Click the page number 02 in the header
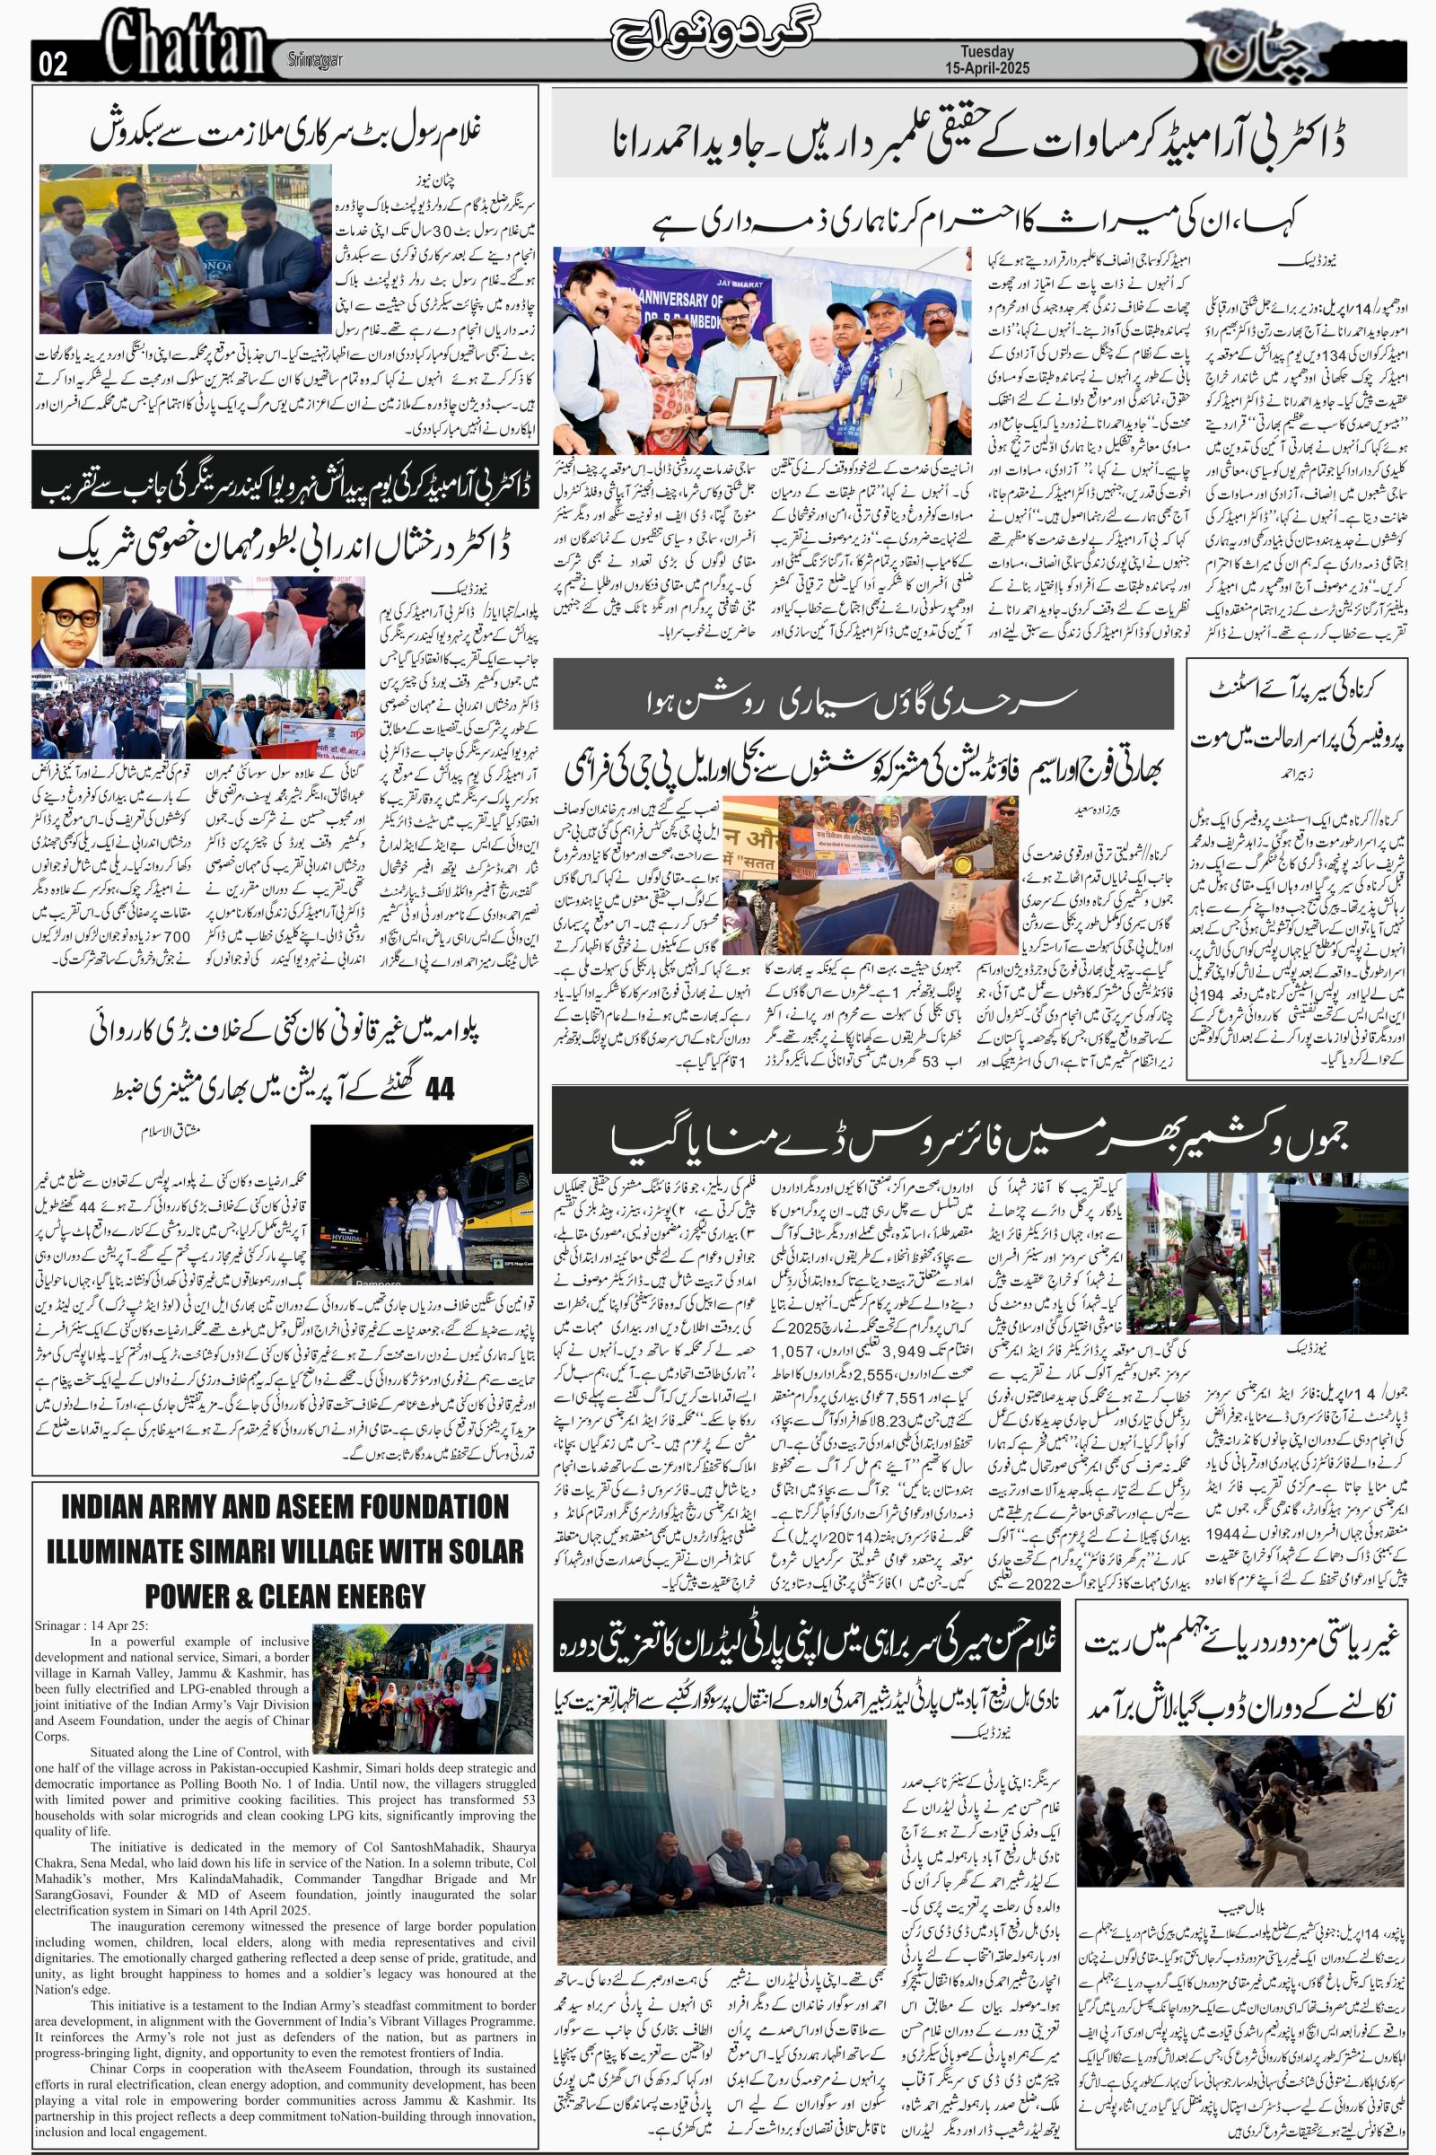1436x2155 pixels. coord(51,64)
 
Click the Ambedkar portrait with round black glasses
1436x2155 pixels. coord(66,622)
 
